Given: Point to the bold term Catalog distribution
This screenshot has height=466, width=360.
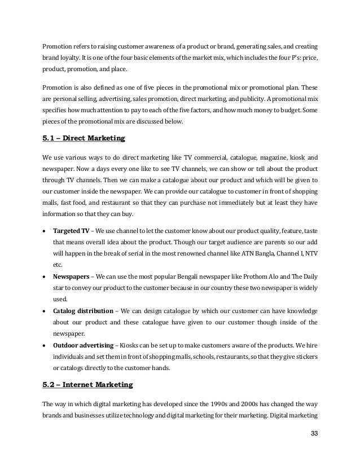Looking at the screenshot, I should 82,310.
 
